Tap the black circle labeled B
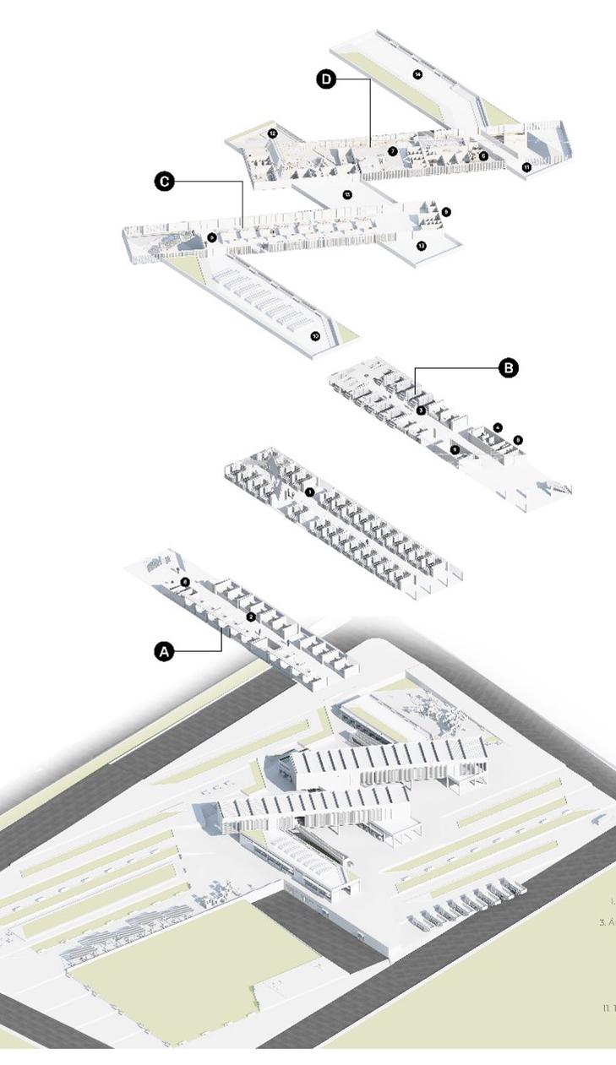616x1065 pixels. coord(508,368)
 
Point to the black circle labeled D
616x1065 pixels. coord(326,79)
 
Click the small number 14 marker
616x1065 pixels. coord(417,74)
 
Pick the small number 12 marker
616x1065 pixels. coord(273,133)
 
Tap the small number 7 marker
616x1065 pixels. coord(393,150)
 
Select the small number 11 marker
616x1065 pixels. coord(526,167)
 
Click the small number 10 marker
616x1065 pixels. coord(315,335)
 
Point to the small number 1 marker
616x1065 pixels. coord(310,492)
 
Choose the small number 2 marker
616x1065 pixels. coord(251,617)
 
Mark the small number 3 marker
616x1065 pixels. coord(421,410)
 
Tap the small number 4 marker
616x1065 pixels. coord(499,427)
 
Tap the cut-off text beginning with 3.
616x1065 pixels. coord(608,922)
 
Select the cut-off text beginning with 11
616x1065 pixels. coord(608,1008)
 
